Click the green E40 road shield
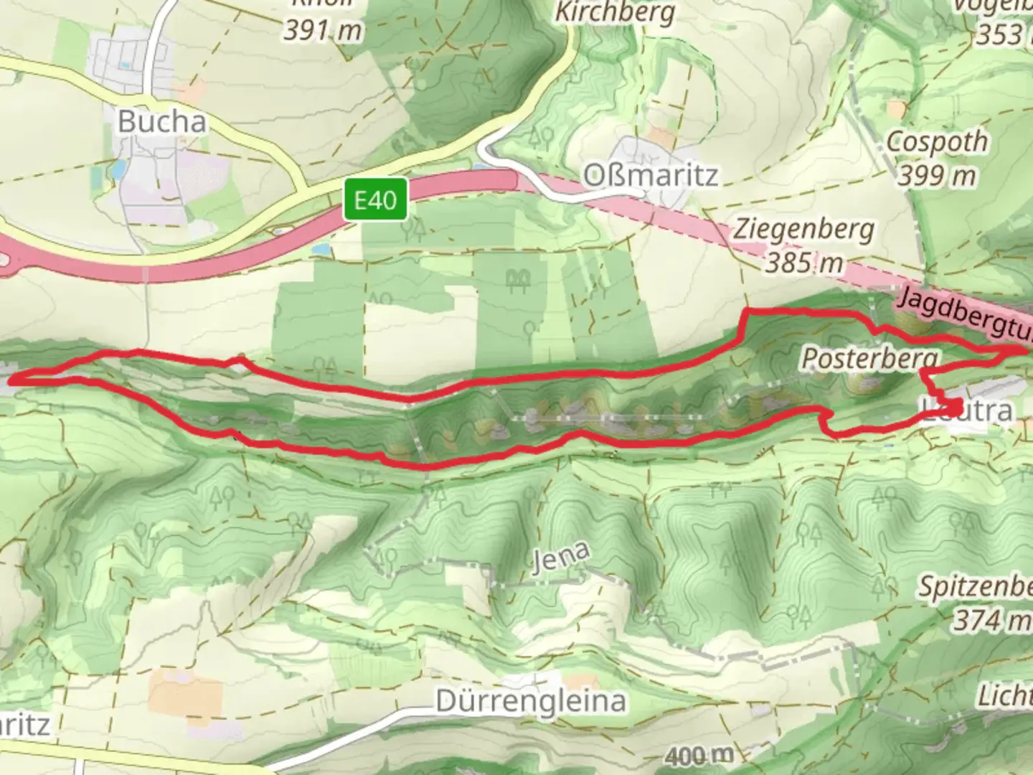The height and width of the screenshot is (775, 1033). click(375, 199)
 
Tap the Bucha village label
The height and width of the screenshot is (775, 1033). click(162, 121)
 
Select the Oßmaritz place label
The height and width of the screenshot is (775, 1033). click(650, 174)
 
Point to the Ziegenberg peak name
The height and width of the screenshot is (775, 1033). click(803, 230)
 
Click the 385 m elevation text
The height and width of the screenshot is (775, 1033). click(803, 263)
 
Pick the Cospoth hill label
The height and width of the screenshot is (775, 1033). click(937, 141)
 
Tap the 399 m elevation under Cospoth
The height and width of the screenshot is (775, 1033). click(937, 174)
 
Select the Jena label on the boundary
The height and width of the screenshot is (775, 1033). click(562, 559)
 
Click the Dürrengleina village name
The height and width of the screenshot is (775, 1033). click(531, 700)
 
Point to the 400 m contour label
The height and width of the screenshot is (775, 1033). click(699, 755)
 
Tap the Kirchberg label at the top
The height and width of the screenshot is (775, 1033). click(615, 12)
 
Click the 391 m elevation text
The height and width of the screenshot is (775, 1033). click(323, 30)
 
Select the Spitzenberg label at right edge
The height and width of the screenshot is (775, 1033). click(976, 587)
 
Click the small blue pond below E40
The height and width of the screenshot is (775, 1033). click(322, 249)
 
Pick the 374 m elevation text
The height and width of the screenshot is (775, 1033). click(991, 619)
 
